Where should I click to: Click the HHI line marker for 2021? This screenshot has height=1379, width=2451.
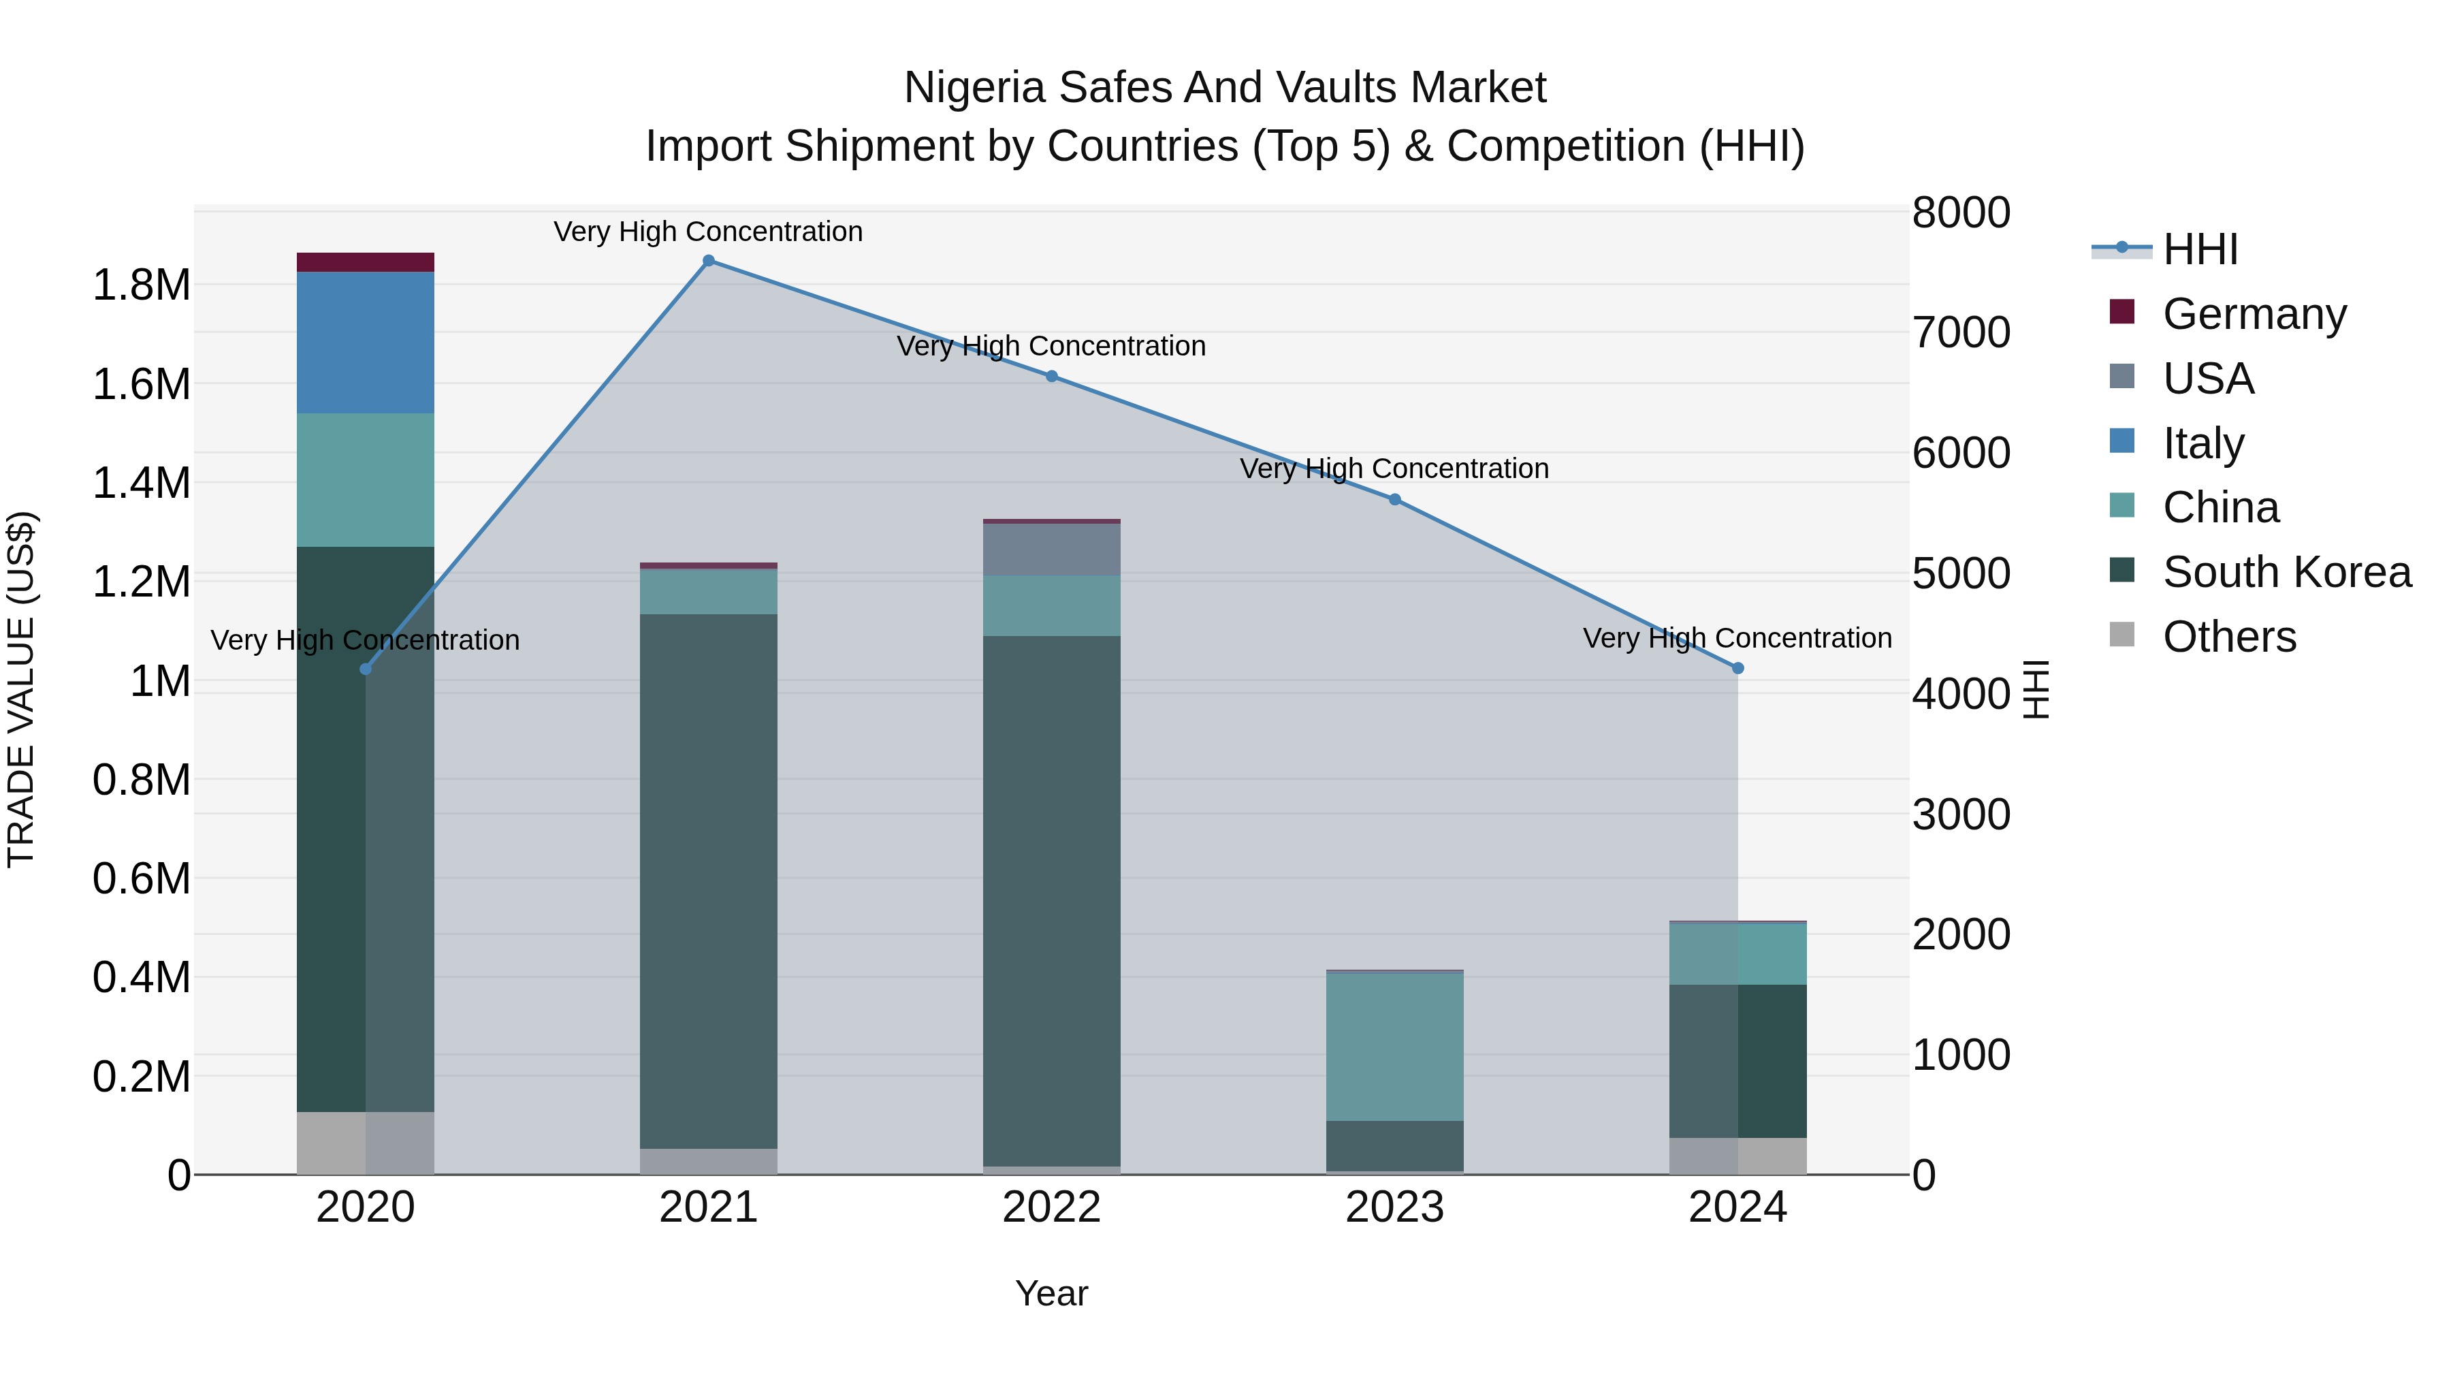[708, 261]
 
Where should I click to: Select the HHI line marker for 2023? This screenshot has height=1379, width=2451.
[1395, 500]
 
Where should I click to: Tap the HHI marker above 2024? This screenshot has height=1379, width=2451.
[1737, 669]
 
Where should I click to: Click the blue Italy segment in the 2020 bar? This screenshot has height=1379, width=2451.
[366, 343]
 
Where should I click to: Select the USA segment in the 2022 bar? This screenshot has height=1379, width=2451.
[1051, 549]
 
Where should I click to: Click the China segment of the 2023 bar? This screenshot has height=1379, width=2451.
[1395, 1047]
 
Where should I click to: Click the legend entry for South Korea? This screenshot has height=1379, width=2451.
[2286, 572]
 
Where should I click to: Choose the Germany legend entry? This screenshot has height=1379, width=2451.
[2254, 313]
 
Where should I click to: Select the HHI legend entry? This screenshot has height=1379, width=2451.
[2200, 249]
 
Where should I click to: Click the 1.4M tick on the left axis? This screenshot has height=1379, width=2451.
[141, 484]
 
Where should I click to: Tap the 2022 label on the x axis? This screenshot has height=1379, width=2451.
[1051, 1207]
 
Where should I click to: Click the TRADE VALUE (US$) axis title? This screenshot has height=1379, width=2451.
[21, 689]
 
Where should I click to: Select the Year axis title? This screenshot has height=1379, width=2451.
[1051, 1293]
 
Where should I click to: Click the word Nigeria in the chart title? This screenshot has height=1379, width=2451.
[974, 88]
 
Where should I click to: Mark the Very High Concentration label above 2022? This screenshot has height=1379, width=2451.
[1051, 347]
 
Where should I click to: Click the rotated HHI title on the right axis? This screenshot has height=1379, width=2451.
[2034, 689]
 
